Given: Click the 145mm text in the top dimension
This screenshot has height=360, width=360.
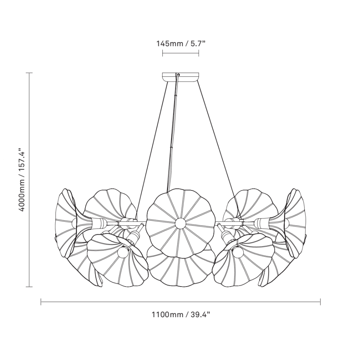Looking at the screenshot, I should [169, 44].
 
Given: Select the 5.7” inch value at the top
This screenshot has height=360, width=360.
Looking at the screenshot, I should [196, 44].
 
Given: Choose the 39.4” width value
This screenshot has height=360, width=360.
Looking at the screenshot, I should [199, 314].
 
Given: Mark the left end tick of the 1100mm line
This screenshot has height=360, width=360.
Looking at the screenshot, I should [41, 302].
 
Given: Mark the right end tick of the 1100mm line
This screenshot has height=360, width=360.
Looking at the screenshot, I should [320, 302].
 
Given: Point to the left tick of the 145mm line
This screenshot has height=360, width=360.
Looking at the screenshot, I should [163, 54].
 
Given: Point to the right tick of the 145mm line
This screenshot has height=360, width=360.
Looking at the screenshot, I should [198, 54].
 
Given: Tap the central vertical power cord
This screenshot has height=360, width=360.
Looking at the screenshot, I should [173, 137].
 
